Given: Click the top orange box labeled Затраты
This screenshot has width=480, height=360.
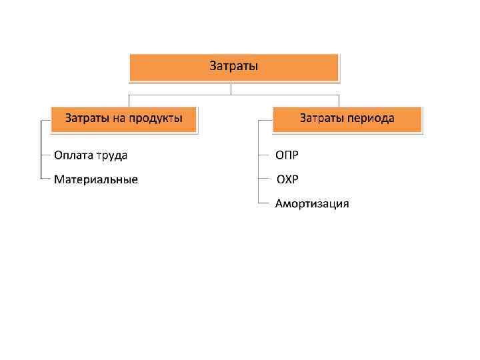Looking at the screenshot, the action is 234,67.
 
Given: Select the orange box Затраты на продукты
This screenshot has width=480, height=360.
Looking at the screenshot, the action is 124,119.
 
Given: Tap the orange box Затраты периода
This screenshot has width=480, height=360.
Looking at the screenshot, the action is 347,119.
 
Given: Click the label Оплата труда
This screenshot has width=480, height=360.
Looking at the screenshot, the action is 91,155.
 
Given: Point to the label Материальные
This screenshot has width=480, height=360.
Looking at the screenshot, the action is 96,179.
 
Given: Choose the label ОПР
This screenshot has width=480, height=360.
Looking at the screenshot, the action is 287,155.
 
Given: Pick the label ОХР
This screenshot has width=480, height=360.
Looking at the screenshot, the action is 288,179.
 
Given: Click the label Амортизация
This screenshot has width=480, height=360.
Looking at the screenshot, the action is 312,203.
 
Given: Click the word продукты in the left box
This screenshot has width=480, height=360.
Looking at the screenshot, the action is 156,119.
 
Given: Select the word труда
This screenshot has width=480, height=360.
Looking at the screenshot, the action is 112,155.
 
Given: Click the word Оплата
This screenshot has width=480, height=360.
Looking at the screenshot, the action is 75,155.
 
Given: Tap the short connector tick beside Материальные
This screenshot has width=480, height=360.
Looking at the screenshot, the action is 45,179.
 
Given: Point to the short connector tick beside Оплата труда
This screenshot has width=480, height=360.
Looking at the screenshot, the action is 45,155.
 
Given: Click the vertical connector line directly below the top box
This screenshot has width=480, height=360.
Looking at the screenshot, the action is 231,88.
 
